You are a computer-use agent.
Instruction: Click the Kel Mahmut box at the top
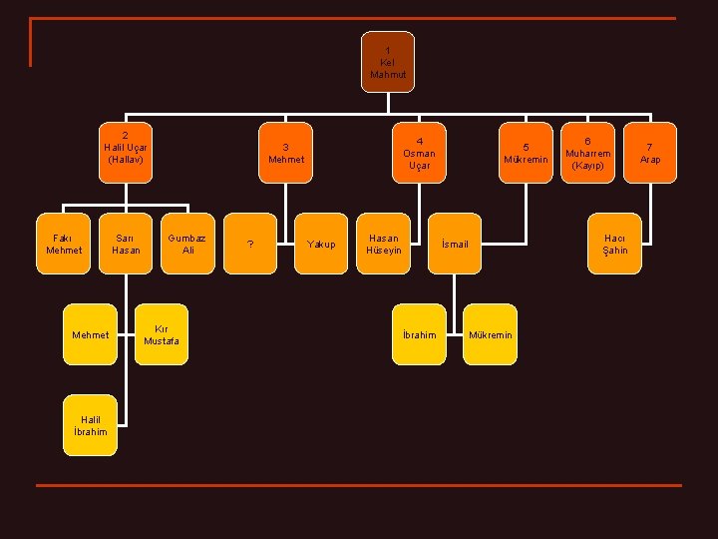[388, 62]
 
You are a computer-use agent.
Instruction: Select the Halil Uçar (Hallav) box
[126, 153]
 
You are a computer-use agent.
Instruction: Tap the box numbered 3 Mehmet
[286, 153]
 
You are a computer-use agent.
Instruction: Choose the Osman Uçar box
[419, 153]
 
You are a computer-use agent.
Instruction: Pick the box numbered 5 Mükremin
[526, 153]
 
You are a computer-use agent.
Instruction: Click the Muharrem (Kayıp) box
[588, 153]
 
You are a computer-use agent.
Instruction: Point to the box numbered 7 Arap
[650, 153]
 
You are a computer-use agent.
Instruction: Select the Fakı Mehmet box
[63, 244]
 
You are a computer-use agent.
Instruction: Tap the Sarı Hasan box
[126, 244]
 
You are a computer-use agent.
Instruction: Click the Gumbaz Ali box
[187, 244]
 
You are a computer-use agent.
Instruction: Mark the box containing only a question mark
[250, 244]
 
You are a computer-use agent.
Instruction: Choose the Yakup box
[321, 244]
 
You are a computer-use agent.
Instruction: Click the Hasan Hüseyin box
[383, 244]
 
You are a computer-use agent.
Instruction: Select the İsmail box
[455, 244]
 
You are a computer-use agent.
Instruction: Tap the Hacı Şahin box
[614, 244]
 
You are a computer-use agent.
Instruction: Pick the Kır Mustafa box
[162, 334]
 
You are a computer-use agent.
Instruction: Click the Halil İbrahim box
[90, 425]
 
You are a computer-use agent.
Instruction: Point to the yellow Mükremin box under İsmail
[490, 334]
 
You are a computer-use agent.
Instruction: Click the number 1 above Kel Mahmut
[388, 51]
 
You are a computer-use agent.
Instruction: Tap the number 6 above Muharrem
[588, 141]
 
